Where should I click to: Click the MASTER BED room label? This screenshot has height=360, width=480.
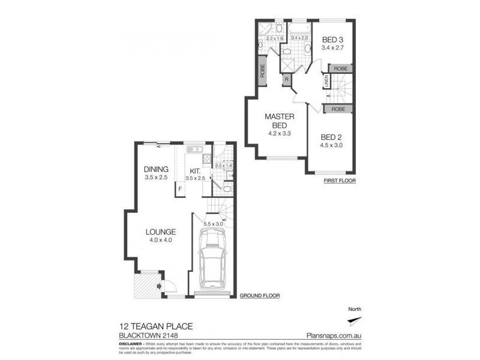coord(278,120)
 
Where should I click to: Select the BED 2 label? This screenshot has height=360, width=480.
coord(332,136)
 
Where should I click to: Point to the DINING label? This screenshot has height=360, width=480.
coord(155,170)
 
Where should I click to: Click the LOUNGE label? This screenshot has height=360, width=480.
coord(159,232)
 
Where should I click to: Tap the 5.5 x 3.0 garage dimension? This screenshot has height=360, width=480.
coord(213,224)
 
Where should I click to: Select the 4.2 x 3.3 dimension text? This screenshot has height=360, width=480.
coord(278,134)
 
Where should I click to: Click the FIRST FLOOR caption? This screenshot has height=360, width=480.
coord(339,180)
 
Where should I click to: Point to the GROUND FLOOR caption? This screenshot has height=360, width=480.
coord(259,296)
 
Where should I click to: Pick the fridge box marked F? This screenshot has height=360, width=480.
coord(179,190)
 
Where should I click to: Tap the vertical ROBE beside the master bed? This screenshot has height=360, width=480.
coord(263,73)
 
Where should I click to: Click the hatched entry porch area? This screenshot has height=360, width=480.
coord(144,284)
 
